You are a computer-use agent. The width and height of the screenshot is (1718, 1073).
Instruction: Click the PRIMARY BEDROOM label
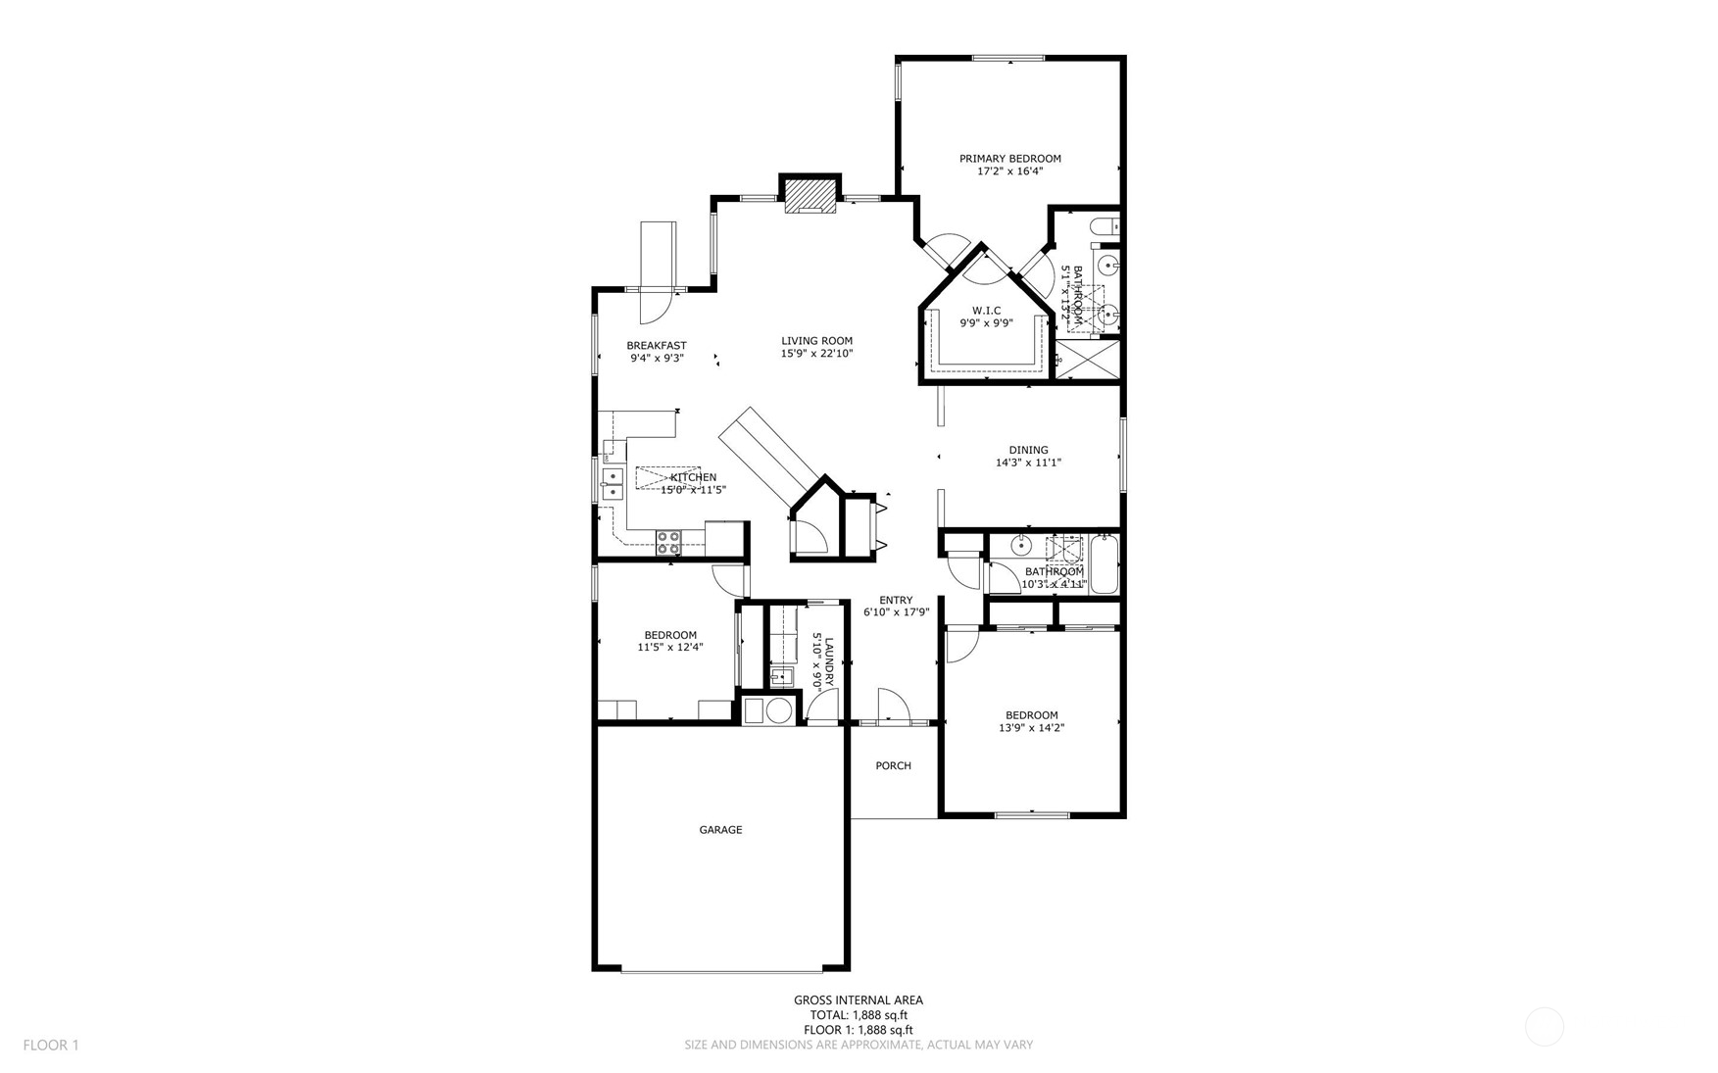pos(1009,159)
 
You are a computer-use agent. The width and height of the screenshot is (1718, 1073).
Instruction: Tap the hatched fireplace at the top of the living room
pos(810,194)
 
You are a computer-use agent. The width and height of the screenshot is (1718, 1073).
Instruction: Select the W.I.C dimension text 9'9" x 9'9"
pos(986,322)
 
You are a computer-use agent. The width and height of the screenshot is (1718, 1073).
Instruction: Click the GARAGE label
pos(720,830)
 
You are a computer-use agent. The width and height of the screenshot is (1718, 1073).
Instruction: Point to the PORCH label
pos(893,766)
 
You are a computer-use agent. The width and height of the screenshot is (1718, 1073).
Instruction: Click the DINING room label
pos(1028,451)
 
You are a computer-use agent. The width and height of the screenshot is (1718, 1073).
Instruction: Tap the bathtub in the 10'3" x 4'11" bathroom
pos(1104,564)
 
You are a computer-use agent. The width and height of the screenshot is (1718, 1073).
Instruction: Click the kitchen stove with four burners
pos(668,537)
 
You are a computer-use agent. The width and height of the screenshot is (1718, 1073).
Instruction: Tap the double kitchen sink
pos(613,485)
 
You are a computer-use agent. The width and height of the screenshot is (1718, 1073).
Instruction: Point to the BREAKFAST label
pos(657,346)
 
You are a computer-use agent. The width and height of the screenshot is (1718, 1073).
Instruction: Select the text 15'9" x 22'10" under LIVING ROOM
pos(816,354)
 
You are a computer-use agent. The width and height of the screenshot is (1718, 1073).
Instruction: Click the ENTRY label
pos(896,601)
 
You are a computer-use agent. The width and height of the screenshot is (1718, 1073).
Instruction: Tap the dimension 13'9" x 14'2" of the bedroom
pos(1031,728)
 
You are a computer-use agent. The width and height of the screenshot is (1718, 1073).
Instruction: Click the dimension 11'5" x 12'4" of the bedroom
pos(670,647)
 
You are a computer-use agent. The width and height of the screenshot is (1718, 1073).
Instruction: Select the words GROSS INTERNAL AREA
pos(858,1000)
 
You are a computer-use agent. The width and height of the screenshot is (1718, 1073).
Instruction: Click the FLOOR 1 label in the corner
pos(51,1046)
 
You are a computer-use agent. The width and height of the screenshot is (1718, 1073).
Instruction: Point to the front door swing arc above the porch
pos(893,703)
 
